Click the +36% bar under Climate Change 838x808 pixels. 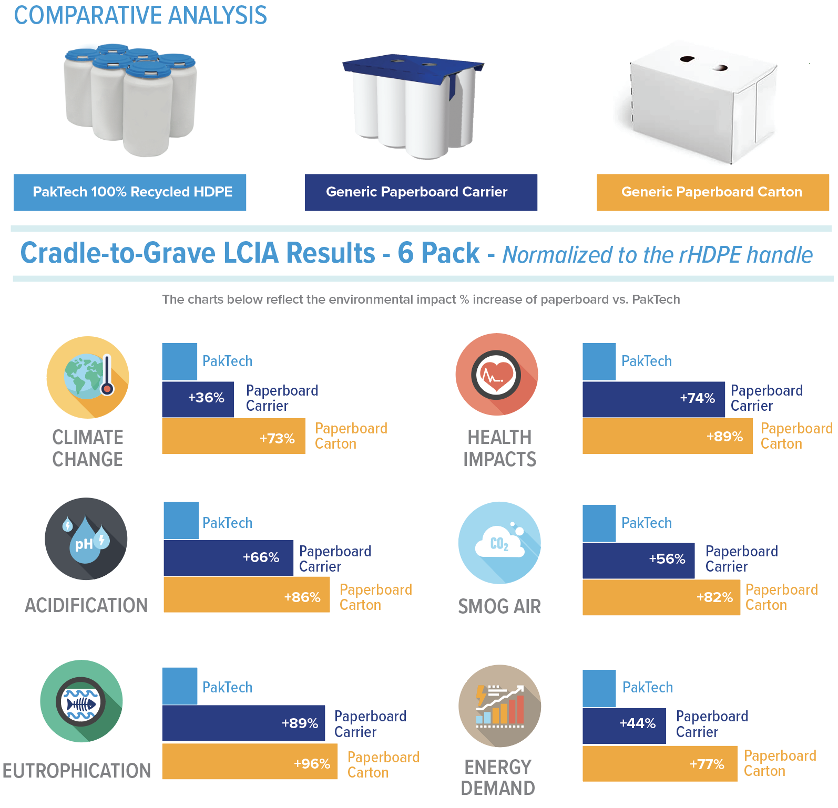(198, 399)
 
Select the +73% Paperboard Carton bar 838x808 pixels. (233, 436)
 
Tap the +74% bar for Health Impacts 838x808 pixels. (653, 399)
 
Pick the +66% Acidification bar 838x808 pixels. (228, 558)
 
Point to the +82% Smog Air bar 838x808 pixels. (661, 597)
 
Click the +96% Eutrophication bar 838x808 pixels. (250, 761)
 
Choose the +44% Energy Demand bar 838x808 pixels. (624, 726)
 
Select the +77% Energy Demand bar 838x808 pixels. (660, 764)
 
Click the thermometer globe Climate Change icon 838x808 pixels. (88, 377)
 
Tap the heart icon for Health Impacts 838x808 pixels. (496, 375)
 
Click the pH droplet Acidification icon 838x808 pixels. (86, 539)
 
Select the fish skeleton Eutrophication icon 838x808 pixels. (81, 701)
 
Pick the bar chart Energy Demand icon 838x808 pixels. (499, 706)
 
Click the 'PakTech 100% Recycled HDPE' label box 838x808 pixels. (130, 192)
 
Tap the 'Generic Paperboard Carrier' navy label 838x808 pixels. (421, 192)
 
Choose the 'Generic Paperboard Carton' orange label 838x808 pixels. (712, 192)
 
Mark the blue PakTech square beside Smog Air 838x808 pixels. (599, 523)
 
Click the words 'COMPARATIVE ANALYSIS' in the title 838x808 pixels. (140, 15)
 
